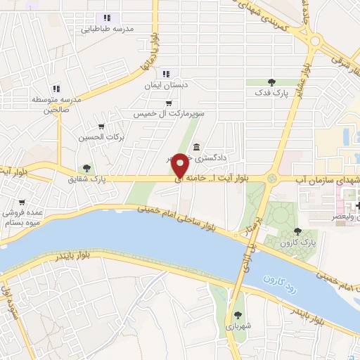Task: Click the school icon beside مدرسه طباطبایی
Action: point(107,18)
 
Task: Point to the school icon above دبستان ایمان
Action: point(166,73)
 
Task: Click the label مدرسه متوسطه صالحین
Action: point(57,105)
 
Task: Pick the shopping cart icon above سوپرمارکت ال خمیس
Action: point(168,103)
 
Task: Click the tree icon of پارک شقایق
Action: point(86,169)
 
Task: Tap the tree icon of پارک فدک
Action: point(271,83)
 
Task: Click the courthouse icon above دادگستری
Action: point(195,148)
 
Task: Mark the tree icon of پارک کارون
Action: point(298,230)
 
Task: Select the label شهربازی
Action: point(238,327)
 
